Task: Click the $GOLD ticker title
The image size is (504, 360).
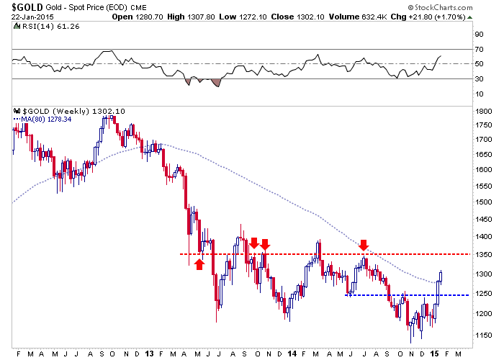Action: (25, 7)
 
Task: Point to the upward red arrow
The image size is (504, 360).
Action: (200, 264)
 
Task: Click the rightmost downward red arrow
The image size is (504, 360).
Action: (364, 245)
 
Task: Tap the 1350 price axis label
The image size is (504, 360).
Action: (484, 254)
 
